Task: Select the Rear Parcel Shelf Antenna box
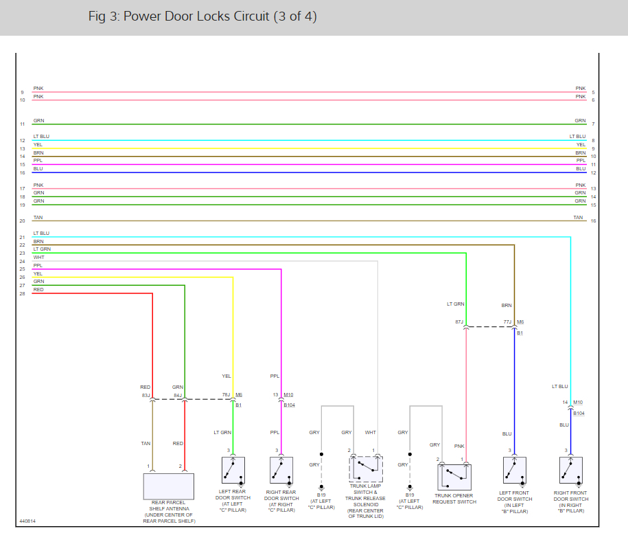tap(168, 486)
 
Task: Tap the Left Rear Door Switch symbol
tap(233, 470)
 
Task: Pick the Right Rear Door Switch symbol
tap(281, 470)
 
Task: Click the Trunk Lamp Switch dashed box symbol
tap(366, 468)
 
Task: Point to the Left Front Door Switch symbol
tap(515, 470)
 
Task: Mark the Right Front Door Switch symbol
tap(571, 470)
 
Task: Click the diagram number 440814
tap(28, 521)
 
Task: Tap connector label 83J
tap(146, 395)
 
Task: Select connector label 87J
tap(459, 321)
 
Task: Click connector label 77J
tap(508, 321)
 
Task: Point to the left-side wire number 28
tap(22, 294)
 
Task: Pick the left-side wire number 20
tap(22, 221)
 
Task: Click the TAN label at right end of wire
tap(578, 218)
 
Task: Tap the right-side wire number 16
tap(593, 221)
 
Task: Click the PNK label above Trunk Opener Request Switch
tap(458, 446)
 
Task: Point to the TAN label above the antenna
tap(146, 443)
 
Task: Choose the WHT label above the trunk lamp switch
tap(370, 432)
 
